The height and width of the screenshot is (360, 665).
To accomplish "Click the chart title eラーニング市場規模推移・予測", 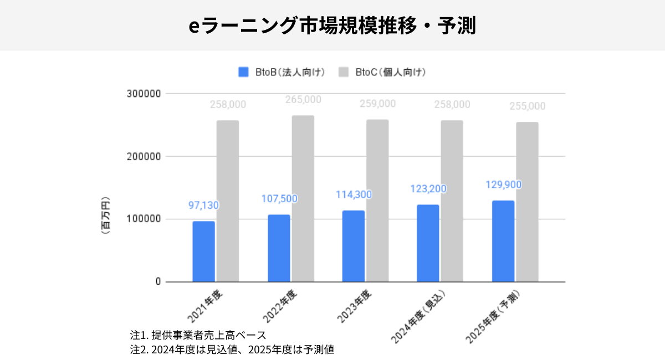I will (x=332, y=25).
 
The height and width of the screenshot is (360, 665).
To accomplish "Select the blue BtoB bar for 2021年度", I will (x=203, y=251).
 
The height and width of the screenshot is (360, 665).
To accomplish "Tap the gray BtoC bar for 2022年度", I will (x=303, y=198).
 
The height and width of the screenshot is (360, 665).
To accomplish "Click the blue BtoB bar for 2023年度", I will (x=354, y=246).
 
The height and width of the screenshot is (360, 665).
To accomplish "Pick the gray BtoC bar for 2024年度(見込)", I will (x=452, y=201).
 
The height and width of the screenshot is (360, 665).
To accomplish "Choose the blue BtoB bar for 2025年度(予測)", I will (x=503, y=241).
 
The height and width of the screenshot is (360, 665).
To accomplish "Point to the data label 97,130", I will (x=203, y=205).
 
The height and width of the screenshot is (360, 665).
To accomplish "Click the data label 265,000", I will (x=303, y=100).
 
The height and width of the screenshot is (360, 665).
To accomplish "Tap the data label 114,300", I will (x=354, y=195).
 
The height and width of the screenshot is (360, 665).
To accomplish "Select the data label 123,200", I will (x=428, y=189).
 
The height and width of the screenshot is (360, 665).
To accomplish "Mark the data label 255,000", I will (x=526, y=106).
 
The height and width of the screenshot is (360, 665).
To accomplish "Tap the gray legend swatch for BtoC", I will (x=343, y=72).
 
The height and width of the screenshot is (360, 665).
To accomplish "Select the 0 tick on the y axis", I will (x=158, y=282).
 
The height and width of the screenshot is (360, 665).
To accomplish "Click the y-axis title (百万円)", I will (x=105, y=215).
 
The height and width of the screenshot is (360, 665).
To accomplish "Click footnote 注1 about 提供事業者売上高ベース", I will (x=198, y=336).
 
